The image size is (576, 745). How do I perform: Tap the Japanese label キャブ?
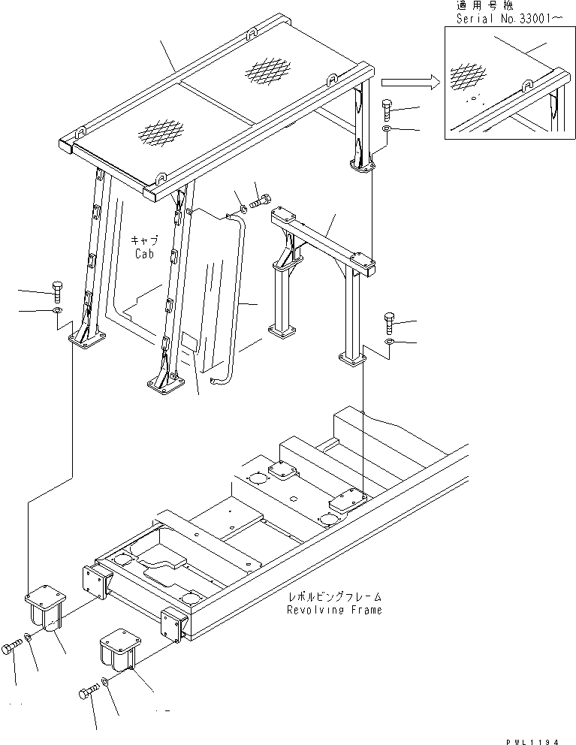(143, 240)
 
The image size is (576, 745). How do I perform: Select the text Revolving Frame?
(334, 610)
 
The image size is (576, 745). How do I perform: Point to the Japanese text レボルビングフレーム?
(335, 596)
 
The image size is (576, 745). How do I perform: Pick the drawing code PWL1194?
(534, 740)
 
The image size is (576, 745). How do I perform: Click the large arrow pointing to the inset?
(409, 82)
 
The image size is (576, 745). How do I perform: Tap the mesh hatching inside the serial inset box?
(465, 76)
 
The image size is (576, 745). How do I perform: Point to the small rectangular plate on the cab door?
(188, 344)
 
